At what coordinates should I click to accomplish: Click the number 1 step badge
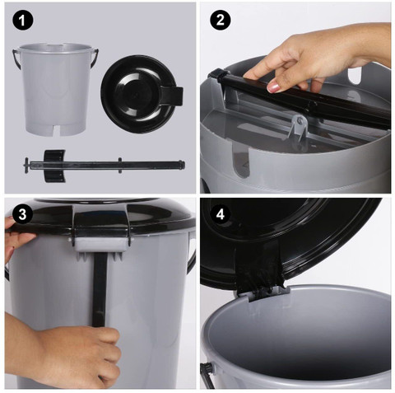(x=22, y=21)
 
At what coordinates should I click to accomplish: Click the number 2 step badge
(x=221, y=20)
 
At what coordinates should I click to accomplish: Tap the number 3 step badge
(x=22, y=214)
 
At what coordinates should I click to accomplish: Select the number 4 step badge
(x=221, y=214)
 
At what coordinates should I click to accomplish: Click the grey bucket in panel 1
(x=56, y=89)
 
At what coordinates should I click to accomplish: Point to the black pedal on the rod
(x=54, y=166)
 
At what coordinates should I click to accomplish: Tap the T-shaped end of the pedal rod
(x=26, y=166)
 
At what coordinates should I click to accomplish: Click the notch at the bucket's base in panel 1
(x=56, y=130)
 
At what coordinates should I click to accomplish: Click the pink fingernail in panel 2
(x=274, y=87)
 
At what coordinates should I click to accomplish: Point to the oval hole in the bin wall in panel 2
(x=355, y=75)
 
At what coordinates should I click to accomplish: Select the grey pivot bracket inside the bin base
(x=299, y=127)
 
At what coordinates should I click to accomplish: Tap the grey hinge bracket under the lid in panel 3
(x=101, y=245)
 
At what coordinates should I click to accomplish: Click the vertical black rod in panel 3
(x=100, y=289)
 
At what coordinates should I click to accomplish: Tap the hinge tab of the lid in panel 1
(x=172, y=96)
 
